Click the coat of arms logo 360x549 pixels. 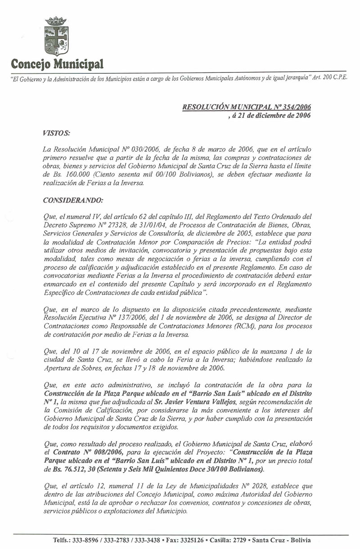(x=56, y=36)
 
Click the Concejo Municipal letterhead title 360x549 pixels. (x=57, y=63)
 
